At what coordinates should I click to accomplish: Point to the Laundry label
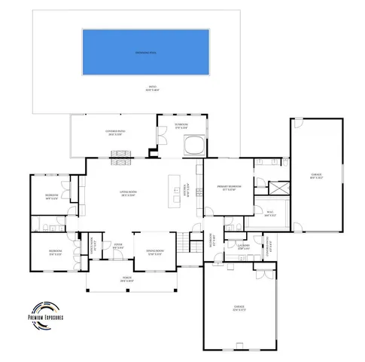coord(243,246)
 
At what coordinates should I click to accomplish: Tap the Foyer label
coord(118,247)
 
